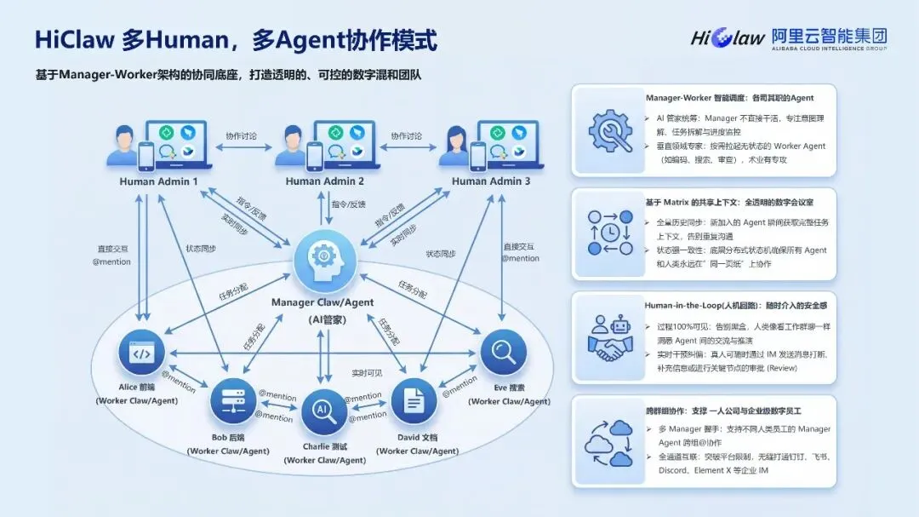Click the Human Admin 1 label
158,181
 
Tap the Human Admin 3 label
491,181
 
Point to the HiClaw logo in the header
728,37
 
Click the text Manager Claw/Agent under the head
323,302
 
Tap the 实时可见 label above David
368,373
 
